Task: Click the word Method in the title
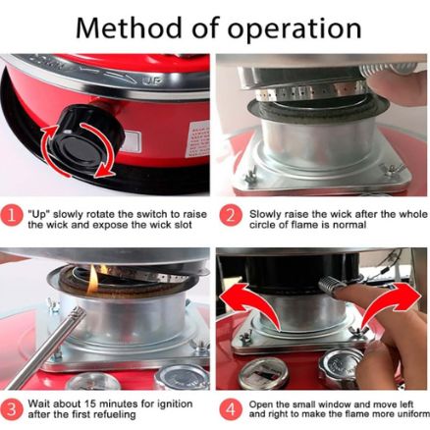coord(129,28)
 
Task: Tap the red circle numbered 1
coord(12,216)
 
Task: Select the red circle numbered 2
coord(231,215)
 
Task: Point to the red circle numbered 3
coord(12,409)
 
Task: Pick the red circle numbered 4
coord(231,409)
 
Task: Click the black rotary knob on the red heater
coord(84,137)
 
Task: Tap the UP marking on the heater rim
coord(153,81)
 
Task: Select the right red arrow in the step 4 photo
coord(391,302)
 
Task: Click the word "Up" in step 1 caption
coord(38,215)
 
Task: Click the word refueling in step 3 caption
coord(114,415)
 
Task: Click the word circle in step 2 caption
coord(262,225)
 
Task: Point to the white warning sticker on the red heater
coord(197,139)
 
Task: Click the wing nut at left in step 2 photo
coord(251,175)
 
